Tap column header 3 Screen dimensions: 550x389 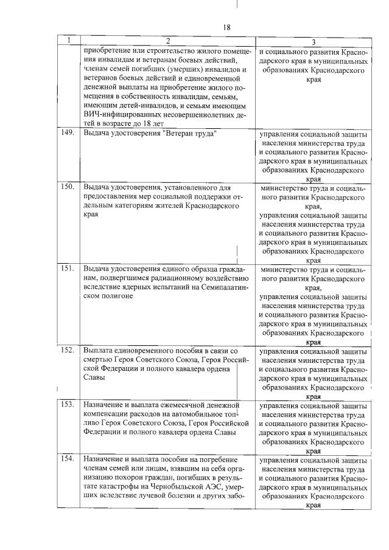(313, 42)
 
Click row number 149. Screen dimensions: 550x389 (68, 132)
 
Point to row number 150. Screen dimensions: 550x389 (68, 187)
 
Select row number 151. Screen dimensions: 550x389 (68, 268)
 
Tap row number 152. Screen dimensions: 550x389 (68, 350)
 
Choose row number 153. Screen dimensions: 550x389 (68, 404)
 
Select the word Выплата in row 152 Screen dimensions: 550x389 (99, 351)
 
